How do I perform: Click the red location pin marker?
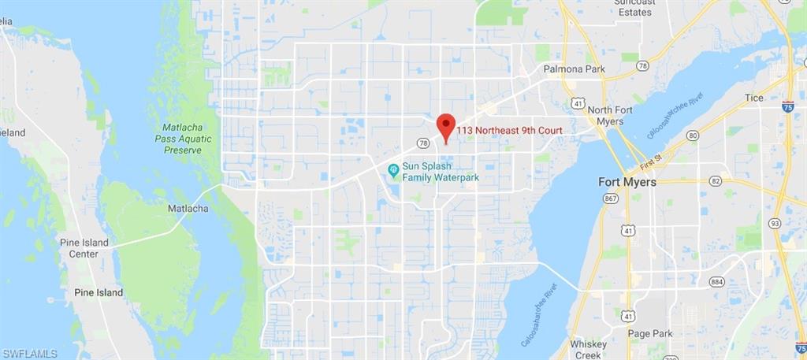click(x=446, y=126)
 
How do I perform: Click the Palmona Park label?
click(x=574, y=69)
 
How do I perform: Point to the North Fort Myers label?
click(x=610, y=116)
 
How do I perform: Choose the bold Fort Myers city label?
click(x=627, y=182)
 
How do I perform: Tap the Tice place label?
click(x=754, y=98)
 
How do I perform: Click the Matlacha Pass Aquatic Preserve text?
click(x=187, y=138)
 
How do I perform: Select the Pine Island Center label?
click(x=84, y=247)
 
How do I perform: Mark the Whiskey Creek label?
click(x=589, y=350)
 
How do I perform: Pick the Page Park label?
click(x=650, y=333)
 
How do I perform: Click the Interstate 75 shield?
click(x=787, y=106)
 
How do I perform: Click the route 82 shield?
click(x=693, y=180)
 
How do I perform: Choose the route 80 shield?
click(x=693, y=135)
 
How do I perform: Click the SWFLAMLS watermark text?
click(x=29, y=353)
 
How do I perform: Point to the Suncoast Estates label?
click(x=634, y=7)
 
